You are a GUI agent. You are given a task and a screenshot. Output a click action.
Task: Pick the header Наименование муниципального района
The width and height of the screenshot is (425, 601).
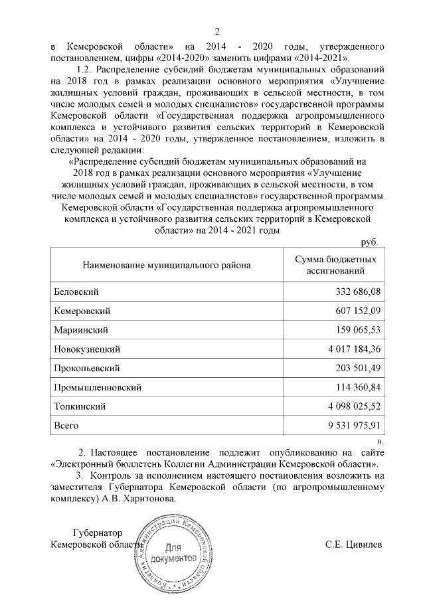[166, 266]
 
